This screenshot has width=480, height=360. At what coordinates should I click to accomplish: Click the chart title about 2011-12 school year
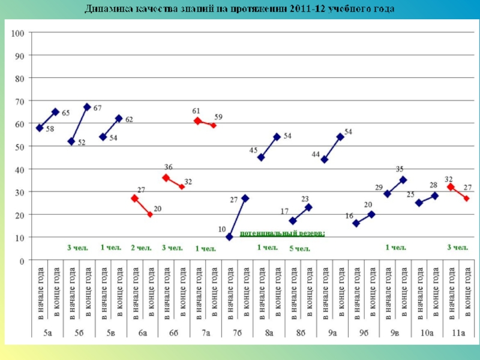point(239,9)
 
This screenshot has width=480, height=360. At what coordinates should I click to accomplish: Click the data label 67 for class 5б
point(97,108)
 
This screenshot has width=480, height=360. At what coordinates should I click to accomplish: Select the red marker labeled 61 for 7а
point(197,121)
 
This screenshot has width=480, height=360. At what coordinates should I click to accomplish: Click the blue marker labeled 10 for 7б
point(229,237)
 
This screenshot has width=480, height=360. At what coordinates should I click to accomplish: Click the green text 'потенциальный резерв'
point(283,232)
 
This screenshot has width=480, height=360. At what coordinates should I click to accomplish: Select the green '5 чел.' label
point(299,248)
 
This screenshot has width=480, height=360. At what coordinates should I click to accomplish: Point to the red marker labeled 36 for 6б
point(166,178)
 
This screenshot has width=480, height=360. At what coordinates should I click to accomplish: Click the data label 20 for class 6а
point(157,209)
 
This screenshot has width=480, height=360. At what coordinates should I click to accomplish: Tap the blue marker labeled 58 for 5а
point(40,128)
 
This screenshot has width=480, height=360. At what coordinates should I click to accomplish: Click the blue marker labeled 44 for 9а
point(325,160)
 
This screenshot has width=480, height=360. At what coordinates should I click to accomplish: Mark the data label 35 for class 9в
point(400,169)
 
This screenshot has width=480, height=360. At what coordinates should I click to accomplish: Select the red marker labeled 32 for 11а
point(451,187)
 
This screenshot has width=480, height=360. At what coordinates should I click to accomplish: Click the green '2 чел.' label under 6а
point(141,247)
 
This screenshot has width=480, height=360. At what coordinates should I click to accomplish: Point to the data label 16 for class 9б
point(349,216)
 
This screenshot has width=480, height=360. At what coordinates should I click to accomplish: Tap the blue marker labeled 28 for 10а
point(435,196)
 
